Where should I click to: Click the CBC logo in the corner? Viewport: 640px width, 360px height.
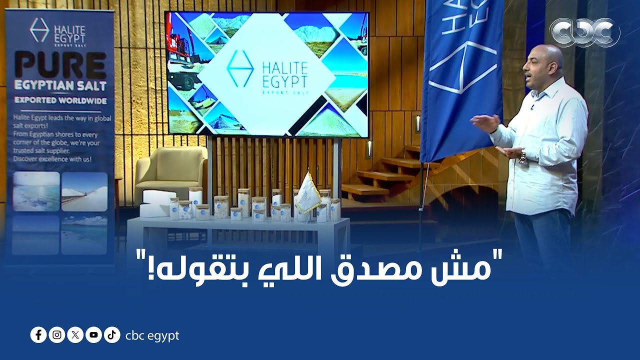(584, 32)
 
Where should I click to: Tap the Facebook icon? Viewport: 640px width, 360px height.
(38, 335)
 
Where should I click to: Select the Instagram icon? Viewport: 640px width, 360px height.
(57, 335)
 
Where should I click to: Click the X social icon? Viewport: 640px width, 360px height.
(75, 335)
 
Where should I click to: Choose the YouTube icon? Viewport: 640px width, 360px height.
(93, 335)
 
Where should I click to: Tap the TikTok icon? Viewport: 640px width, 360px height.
(111, 335)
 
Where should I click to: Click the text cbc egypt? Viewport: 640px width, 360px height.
(152, 335)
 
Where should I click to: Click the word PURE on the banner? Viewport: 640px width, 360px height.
(60, 64)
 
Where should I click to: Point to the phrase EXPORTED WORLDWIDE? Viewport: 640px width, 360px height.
(60, 100)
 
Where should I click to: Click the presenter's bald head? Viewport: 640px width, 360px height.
(550, 55)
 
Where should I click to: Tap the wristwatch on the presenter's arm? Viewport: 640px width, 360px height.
(523, 157)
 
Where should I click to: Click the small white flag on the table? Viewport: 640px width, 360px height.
(307, 193)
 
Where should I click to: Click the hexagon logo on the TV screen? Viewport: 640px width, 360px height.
(240, 68)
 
